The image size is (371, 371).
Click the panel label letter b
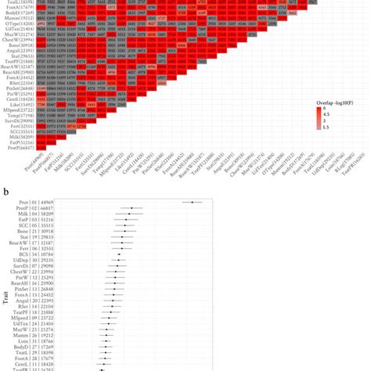tap(6, 190)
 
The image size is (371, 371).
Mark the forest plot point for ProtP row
tap(132, 209)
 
